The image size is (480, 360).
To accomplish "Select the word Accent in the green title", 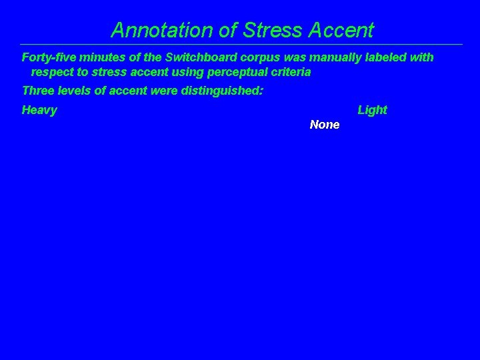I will pos(341,30).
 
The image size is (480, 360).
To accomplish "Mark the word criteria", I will pos(291,72).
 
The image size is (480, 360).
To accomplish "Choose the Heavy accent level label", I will pos(39,110).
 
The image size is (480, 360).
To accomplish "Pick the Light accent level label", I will pos(372,110).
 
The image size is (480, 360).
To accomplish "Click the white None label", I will pos(325,125).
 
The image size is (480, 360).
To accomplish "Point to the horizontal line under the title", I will pos(240,45).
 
